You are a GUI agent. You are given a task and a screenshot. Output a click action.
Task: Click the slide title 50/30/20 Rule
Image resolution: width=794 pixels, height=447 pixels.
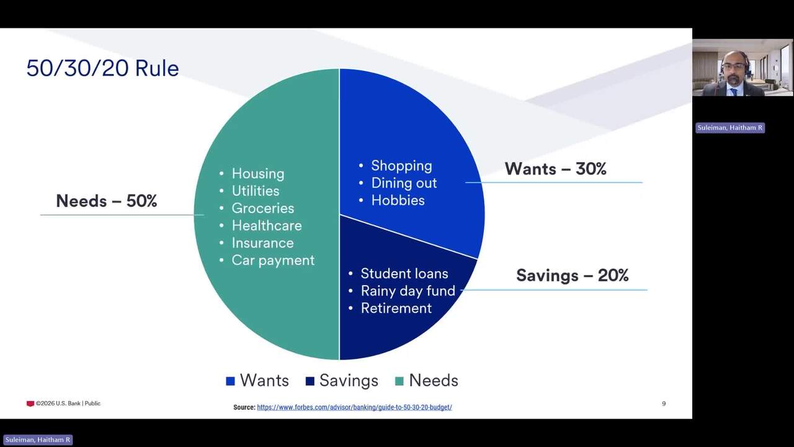pyautogui.click(x=102, y=68)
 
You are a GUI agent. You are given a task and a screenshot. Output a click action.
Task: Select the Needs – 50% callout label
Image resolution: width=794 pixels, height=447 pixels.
pyautogui.click(x=106, y=201)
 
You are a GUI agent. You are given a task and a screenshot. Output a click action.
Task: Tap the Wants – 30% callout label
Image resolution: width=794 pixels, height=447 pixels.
pyautogui.click(x=555, y=168)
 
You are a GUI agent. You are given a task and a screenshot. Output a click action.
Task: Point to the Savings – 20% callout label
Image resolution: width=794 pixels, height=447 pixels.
pyautogui.click(x=572, y=275)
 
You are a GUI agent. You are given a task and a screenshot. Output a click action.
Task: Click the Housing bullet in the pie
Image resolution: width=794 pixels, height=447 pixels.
pyautogui.click(x=257, y=174)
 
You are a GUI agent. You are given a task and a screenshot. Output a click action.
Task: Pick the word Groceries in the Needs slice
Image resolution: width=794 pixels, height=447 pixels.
pyautogui.click(x=262, y=208)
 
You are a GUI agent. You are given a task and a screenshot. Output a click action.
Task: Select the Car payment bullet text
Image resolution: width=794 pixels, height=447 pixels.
pyautogui.click(x=273, y=260)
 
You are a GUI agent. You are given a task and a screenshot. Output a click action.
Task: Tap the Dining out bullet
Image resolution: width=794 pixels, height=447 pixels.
pyautogui.click(x=404, y=183)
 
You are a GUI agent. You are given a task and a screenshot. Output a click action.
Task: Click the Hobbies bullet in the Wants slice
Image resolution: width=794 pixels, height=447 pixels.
pyautogui.click(x=398, y=201)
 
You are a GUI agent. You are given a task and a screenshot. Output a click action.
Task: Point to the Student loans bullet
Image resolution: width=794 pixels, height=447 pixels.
pyautogui.click(x=404, y=274)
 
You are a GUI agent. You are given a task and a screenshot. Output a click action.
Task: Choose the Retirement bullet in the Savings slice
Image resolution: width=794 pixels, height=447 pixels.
pyautogui.click(x=396, y=309)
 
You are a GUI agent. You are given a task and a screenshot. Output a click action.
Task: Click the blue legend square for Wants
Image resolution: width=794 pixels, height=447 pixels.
pyautogui.click(x=230, y=381)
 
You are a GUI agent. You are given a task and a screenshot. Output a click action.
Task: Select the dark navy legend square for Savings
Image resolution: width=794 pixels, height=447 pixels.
pyautogui.click(x=310, y=381)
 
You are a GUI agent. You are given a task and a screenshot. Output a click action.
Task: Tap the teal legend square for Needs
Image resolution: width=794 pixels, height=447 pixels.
pyautogui.click(x=399, y=381)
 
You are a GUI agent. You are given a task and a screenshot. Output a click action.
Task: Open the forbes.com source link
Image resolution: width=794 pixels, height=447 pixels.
pyautogui.click(x=354, y=407)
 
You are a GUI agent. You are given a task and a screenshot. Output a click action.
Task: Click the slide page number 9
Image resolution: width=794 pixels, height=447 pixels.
pyautogui.click(x=664, y=404)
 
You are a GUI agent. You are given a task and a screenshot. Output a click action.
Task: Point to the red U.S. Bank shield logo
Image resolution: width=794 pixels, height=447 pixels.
pyautogui.click(x=30, y=404)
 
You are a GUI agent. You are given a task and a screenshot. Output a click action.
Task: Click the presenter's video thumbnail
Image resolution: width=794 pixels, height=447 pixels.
pyautogui.click(x=743, y=68)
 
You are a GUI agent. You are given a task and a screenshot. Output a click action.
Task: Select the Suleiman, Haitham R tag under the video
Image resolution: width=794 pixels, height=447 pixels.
pyautogui.click(x=730, y=128)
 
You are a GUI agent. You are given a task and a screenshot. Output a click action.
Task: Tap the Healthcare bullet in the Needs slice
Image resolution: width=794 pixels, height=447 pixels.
pyautogui.click(x=267, y=225)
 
